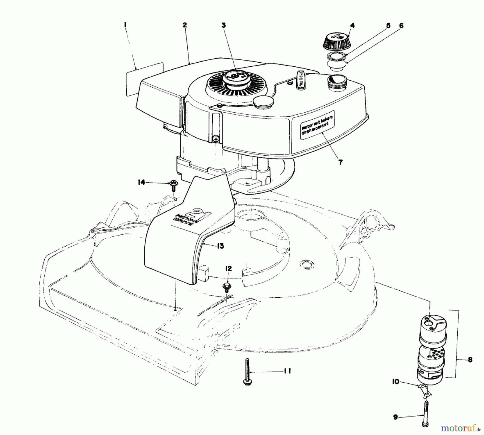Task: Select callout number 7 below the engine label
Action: [x=340, y=162]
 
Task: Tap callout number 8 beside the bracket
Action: [x=470, y=359]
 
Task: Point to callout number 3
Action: [x=223, y=25]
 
